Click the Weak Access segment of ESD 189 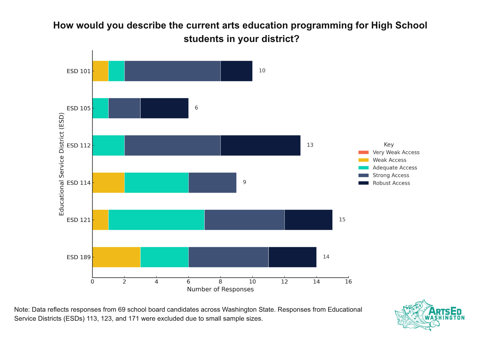(x=116, y=257)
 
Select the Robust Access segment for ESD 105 (x=164, y=108)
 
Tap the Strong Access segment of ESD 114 (x=212, y=183)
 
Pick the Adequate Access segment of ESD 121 (x=156, y=220)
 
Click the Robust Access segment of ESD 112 (x=260, y=145)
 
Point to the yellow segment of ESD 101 (x=100, y=71)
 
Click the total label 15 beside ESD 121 (x=342, y=220)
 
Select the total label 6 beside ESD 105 (x=196, y=108)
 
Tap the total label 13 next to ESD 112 (x=310, y=145)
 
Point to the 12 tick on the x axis (x=284, y=282)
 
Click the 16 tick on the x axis (x=348, y=282)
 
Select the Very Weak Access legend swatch (x=363, y=152)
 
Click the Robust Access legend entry (x=391, y=183)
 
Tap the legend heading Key (x=389, y=145)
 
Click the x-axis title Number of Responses (x=220, y=289)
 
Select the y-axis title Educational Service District (x=61, y=164)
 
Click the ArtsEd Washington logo (x=429, y=315)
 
